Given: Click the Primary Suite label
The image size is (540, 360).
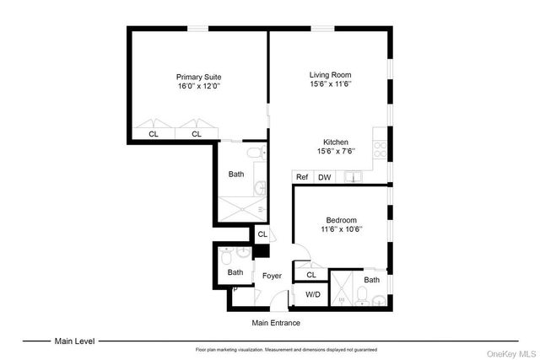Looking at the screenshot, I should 198,76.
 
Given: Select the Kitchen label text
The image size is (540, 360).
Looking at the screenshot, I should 336,142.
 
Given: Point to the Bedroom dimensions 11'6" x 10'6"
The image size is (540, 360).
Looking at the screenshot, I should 341,228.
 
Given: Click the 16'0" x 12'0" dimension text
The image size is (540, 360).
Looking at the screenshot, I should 198,86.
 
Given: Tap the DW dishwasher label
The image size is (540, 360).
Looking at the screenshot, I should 324,177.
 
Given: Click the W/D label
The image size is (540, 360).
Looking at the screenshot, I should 313,294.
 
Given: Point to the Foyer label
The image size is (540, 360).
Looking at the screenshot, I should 272,276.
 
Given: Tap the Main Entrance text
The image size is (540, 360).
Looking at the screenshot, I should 276,323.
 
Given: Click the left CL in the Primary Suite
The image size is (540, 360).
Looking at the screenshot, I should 154,133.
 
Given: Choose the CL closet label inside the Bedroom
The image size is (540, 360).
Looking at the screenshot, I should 311,274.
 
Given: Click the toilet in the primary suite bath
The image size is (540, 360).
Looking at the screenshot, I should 255,153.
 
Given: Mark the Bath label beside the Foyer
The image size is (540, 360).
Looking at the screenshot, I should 235,272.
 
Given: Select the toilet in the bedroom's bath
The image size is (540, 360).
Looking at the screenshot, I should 361,296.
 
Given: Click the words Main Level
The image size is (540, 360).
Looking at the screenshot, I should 75,341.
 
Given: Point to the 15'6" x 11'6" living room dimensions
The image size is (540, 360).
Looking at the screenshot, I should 329,85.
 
